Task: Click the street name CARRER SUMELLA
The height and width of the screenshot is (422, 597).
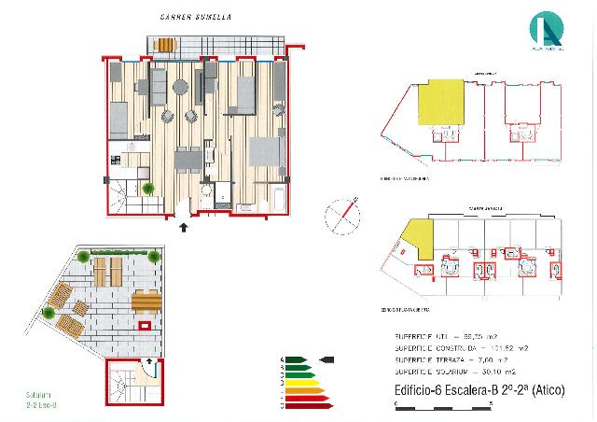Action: pos(197,18)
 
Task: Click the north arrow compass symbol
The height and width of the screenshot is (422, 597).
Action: pos(341,216)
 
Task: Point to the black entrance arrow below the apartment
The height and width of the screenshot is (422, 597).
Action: pos(183,225)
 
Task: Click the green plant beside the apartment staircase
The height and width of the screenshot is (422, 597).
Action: pos(148,189)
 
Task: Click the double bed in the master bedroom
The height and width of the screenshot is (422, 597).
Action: pos(265,154)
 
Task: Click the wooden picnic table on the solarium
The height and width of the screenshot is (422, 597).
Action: pos(146,302)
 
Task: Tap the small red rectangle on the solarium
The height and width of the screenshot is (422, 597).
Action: pos(145,326)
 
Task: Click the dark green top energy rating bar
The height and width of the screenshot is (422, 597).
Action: pos(297,359)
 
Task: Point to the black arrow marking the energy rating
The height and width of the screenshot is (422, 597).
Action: pos(327,359)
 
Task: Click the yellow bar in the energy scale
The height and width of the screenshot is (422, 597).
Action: pos(301,383)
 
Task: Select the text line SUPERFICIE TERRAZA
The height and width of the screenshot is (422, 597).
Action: pos(453,359)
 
